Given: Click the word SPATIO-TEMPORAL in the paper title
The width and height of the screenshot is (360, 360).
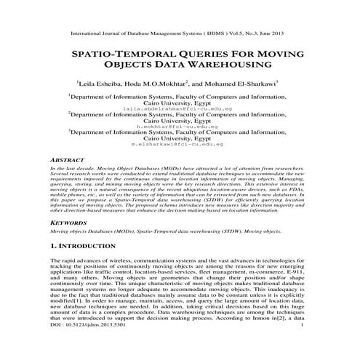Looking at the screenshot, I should [x=117, y=55].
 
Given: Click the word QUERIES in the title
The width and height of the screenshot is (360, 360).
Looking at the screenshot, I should [x=204, y=55].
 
